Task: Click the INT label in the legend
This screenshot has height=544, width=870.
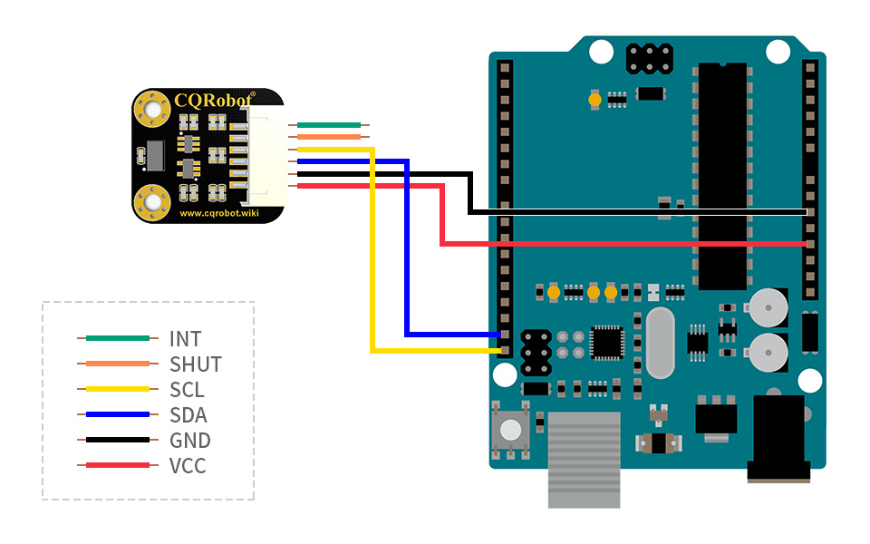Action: point(185,338)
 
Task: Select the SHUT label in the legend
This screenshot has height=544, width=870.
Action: point(196,364)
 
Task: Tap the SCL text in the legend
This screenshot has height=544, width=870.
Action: point(187,390)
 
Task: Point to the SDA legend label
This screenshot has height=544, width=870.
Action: point(188,415)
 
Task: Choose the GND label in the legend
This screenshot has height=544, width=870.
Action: point(190,441)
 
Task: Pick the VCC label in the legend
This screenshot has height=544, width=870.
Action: point(188,466)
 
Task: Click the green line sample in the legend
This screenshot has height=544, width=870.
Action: point(118,338)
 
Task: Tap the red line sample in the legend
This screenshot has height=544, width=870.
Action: point(118,465)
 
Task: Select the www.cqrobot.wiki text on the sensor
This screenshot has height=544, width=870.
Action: point(219,213)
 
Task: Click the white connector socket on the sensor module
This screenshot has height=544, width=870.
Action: point(267,155)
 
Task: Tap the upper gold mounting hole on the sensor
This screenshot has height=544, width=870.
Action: point(151,109)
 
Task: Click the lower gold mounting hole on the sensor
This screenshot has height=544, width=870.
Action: point(151,201)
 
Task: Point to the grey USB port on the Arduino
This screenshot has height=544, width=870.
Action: point(585,460)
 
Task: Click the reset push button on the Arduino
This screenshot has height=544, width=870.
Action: point(511,430)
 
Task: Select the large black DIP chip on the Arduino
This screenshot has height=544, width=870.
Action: point(722,176)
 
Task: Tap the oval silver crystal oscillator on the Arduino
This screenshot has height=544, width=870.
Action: point(661,343)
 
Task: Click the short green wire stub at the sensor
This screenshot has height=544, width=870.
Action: point(329,125)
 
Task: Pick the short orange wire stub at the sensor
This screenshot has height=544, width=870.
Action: point(329,137)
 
